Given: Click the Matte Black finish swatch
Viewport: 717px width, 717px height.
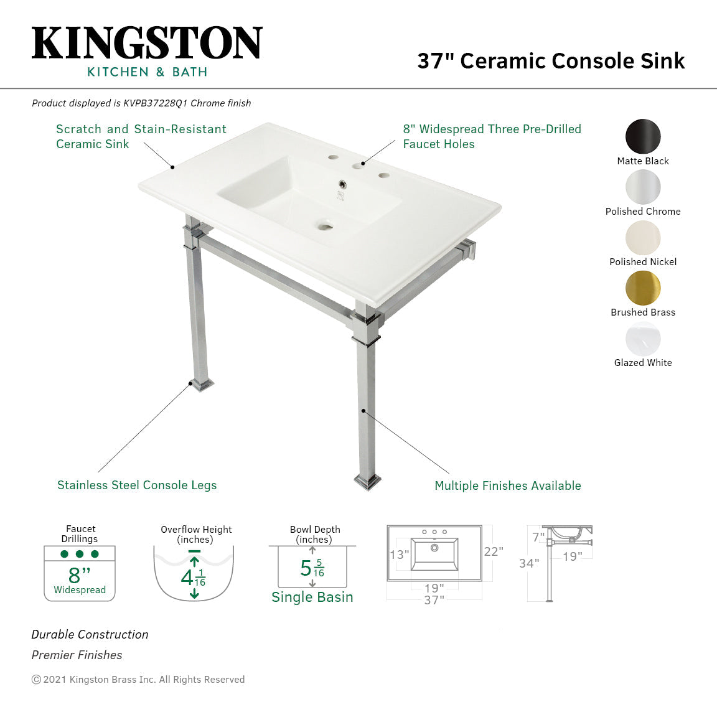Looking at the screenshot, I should point(643,136).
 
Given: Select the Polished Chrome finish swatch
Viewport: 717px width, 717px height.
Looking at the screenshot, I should point(643,187).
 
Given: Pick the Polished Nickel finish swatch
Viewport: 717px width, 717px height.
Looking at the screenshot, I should point(643,237).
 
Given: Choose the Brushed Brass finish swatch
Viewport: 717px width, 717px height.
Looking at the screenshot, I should point(643,288).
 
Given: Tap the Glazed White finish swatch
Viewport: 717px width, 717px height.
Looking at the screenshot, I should point(643,339).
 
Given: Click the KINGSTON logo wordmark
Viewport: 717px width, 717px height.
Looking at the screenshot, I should point(147,44).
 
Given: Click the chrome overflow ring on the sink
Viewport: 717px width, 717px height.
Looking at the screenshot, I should point(342,184).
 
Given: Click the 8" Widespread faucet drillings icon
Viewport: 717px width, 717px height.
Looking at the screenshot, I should point(80,573).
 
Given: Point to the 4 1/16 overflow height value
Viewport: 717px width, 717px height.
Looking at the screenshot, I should point(193,578).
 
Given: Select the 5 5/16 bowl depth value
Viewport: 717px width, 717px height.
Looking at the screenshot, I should point(312,568).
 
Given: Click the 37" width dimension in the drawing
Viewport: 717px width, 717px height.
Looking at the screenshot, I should point(434,600).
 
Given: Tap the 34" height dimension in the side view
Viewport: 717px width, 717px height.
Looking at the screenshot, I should point(529,563).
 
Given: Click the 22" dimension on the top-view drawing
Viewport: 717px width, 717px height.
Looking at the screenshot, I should point(494,551).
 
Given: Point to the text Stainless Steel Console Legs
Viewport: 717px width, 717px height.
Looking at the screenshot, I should point(137,485).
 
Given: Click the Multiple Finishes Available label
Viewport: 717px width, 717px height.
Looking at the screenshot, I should point(508,485).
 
